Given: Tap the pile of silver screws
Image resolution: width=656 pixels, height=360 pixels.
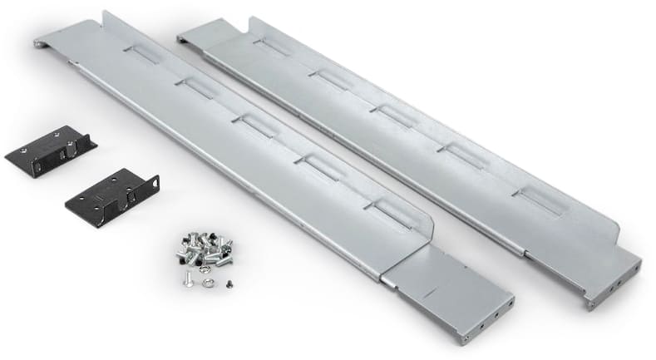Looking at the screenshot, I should (x=204, y=248).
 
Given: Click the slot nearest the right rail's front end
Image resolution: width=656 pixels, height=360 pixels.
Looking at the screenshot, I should (x=536, y=198).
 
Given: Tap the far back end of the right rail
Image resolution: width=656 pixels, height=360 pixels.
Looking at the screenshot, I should (x=187, y=32).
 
